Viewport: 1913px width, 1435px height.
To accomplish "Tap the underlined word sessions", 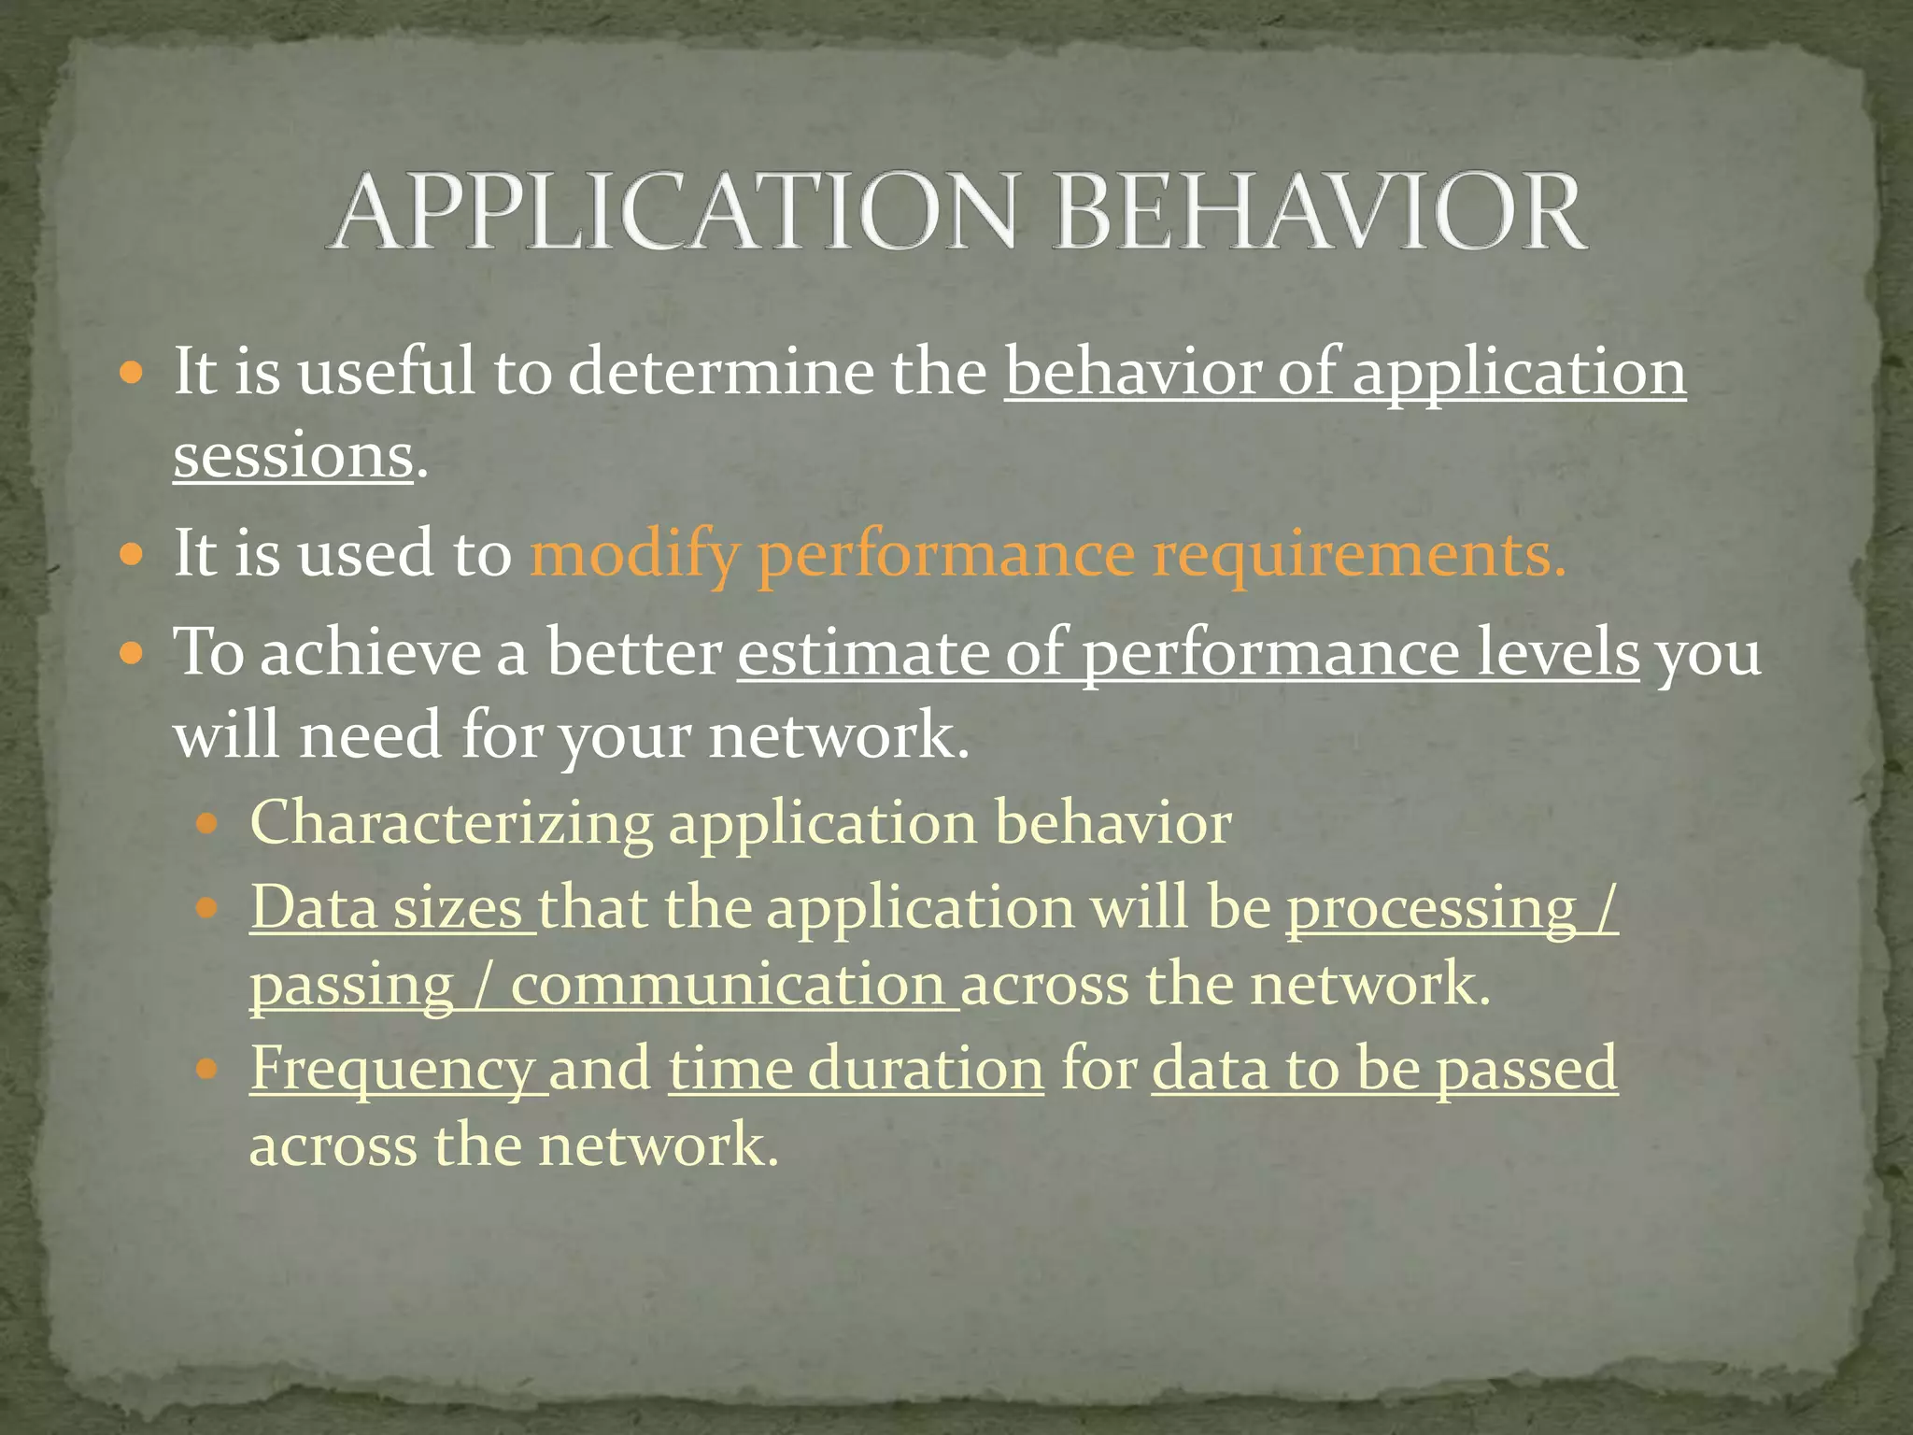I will coord(292,457).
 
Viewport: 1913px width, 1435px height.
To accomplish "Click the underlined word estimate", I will coord(861,652).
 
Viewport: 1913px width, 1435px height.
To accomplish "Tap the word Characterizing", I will coord(451,823).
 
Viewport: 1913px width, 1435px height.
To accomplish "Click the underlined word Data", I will coord(313,907).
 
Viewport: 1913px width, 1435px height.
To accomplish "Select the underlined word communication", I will coord(730,985).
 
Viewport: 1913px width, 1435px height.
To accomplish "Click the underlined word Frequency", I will coord(391,1069).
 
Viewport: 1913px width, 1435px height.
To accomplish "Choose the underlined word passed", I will coord(1526,1069).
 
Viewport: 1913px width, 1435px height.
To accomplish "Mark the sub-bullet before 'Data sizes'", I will coord(207,907).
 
